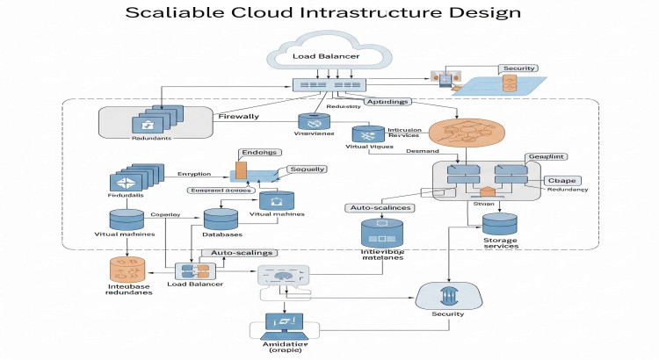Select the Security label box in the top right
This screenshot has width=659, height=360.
pos(518,68)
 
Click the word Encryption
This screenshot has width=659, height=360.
pos(201,174)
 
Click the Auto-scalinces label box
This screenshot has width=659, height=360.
pos(377,208)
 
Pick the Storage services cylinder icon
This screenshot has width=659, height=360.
pos(500,225)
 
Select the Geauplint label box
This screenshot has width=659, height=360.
pos(544,155)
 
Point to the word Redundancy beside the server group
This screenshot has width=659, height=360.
pos(568,190)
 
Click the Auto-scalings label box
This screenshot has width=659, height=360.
pos(239,253)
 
